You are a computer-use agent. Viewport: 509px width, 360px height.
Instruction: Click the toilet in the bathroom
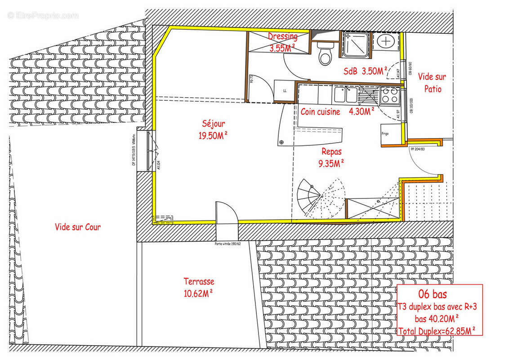[x=325, y=54]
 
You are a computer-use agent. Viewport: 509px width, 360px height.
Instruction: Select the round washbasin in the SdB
[x=386, y=41]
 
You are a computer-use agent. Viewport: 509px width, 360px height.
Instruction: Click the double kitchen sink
[x=345, y=94]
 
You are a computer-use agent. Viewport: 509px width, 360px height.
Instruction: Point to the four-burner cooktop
[x=389, y=94]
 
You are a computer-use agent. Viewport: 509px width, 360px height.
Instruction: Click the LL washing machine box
[x=284, y=90]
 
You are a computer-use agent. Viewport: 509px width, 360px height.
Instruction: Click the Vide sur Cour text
[x=78, y=227]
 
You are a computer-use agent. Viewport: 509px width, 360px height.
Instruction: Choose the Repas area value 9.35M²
[x=331, y=163]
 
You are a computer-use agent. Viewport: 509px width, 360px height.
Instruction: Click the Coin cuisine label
[x=320, y=112]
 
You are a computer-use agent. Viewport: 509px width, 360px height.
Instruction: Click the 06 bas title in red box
[x=433, y=295]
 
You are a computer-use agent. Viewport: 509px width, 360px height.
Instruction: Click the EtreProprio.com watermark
[x=43, y=16]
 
